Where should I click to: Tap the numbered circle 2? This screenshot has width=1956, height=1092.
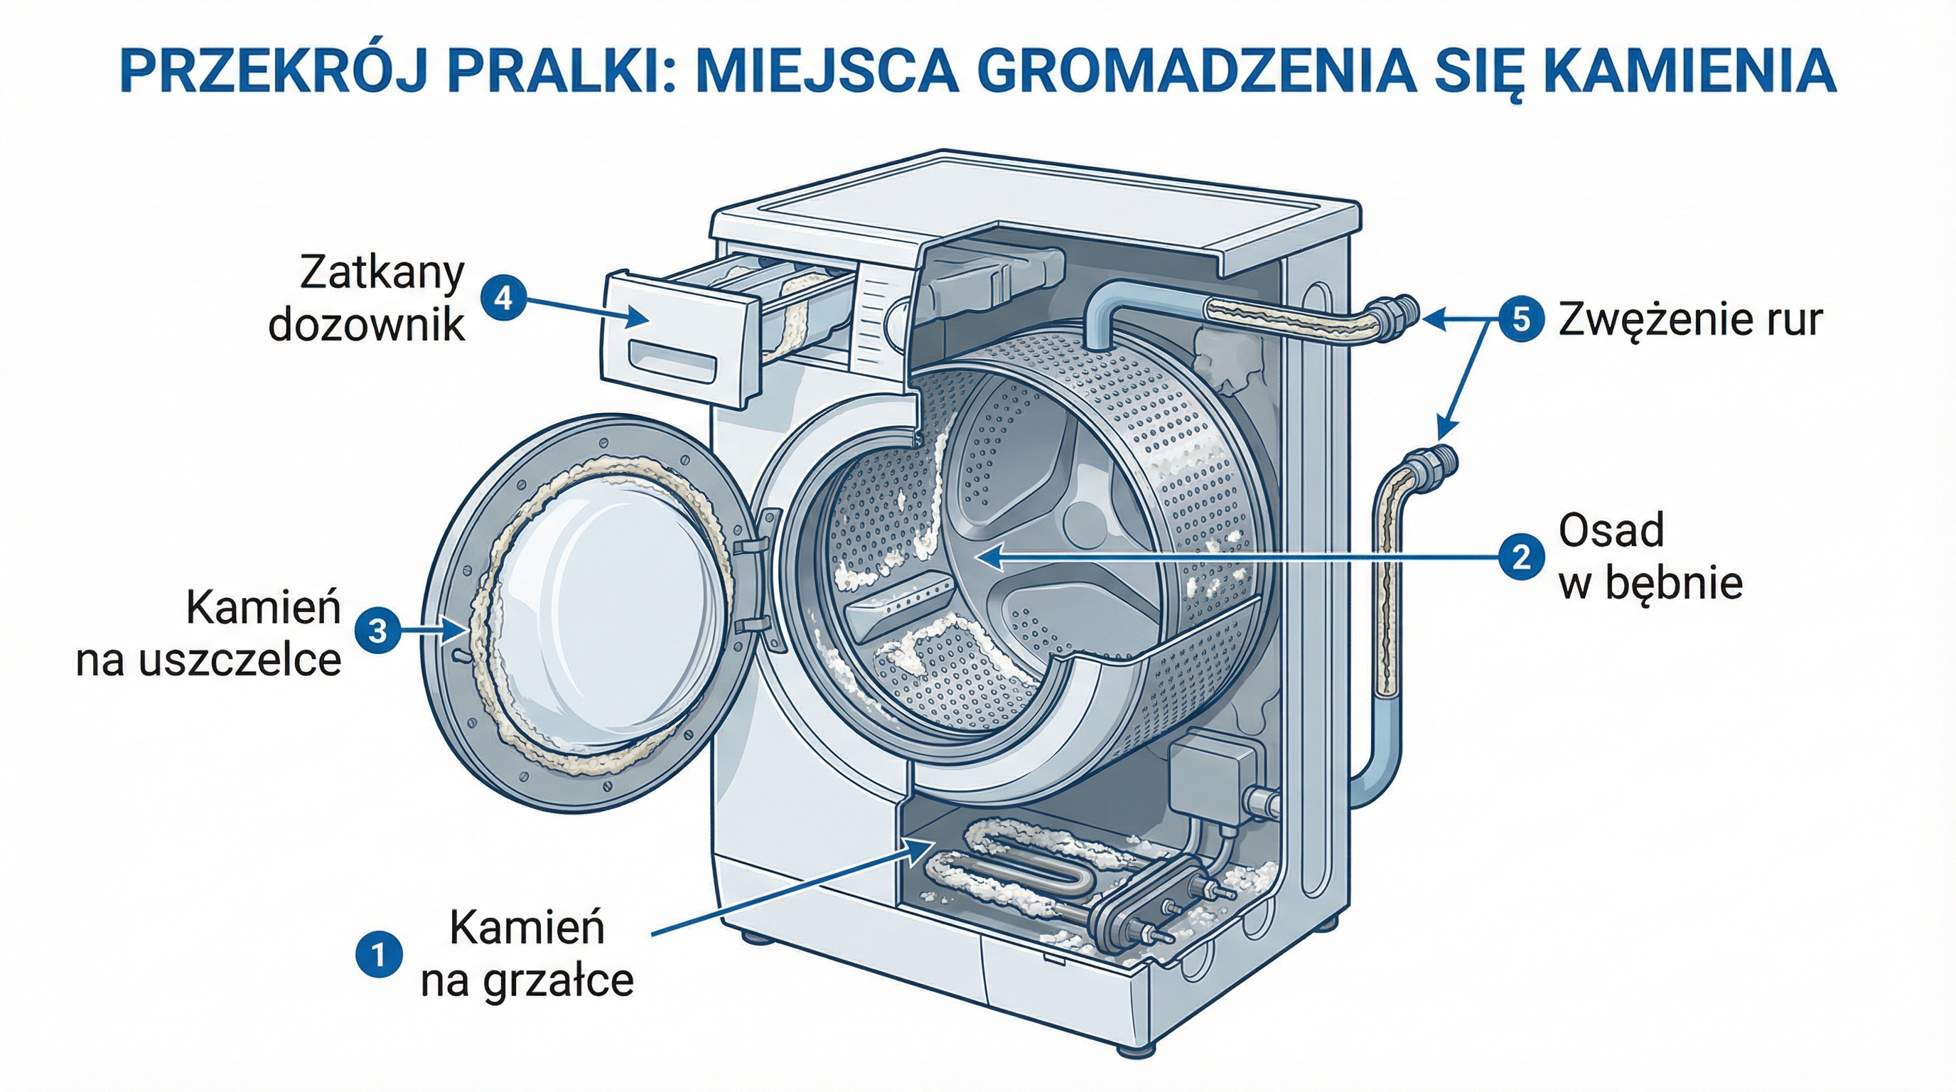1521,558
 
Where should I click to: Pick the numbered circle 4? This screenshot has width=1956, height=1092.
503,299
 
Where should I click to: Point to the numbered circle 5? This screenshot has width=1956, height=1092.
1521,320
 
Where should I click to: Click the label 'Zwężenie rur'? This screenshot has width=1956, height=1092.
1690,320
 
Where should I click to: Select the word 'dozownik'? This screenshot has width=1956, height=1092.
366,325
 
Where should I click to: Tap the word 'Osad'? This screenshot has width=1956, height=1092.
1611,530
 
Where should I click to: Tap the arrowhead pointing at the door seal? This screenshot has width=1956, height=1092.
456,629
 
